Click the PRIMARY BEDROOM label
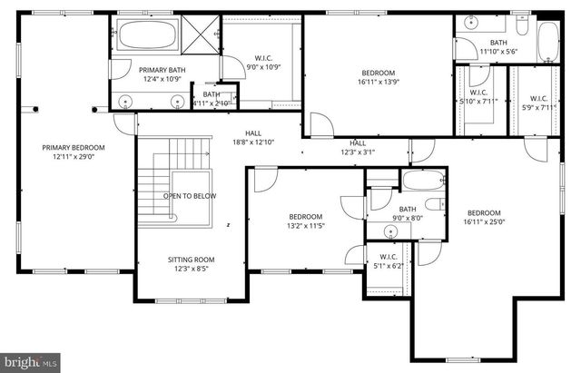click(x=74, y=148)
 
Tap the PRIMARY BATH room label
click(x=162, y=69)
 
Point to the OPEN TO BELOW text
click(x=190, y=195)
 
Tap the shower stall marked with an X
click(x=202, y=31)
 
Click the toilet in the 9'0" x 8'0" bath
click(x=433, y=203)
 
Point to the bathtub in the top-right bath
click(x=548, y=41)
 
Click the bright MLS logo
click(x=30, y=363)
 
